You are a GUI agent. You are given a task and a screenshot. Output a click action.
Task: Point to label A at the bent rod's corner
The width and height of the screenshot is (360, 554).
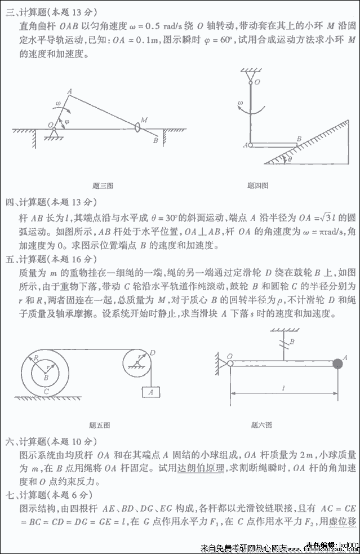coord(69,91)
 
